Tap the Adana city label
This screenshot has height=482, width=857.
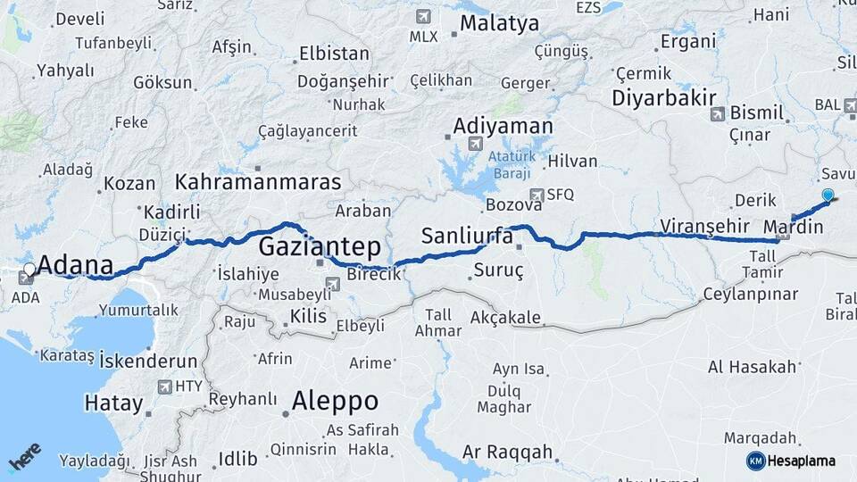[x=77, y=265]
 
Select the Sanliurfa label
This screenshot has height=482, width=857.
[x=467, y=237]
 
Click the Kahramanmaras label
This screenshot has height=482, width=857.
[x=259, y=182]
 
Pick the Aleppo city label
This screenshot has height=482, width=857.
[x=335, y=399]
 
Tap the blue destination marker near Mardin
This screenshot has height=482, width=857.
[x=828, y=195]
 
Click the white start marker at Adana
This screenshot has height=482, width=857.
[x=29, y=268]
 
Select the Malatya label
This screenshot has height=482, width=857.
[x=500, y=23]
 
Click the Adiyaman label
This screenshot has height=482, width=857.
[x=503, y=126]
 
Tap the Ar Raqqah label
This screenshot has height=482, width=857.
[x=508, y=452]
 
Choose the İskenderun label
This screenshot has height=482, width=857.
[x=148, y=361]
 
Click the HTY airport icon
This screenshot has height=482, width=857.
[x=164, y=386]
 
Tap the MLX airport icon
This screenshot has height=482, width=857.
[x=422, y=16]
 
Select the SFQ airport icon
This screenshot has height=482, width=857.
[x=537, y=195]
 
